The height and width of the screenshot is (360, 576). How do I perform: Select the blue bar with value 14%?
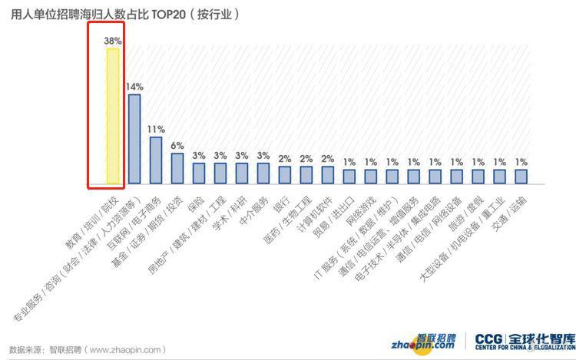pos(134,139)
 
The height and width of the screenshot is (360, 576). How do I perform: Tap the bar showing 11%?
pos(155,160)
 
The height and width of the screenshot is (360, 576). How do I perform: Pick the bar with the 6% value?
pos(177,169)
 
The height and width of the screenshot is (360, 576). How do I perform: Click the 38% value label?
pos(112,40)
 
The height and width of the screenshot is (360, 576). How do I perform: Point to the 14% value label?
pos(134,86)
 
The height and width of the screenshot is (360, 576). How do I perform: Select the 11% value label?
pos(156,128)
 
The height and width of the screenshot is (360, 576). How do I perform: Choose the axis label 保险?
pos(192,201)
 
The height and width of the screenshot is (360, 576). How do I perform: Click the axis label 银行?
pos(278,201)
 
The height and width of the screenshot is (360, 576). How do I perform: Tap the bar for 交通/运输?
pos(521,177)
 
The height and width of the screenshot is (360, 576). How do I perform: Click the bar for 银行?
pos(284,175)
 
